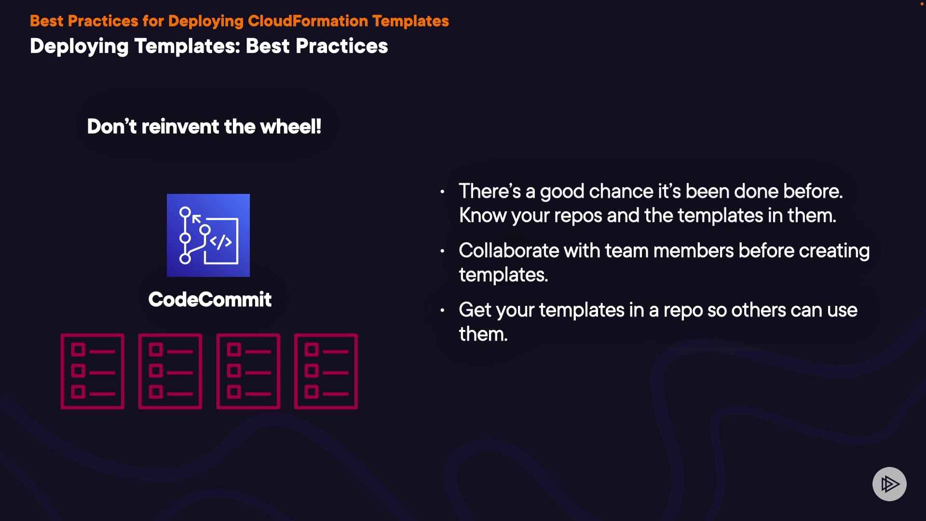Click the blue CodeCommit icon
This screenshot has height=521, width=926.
tap(208, 235)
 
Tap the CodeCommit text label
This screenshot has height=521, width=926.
tap(210, 300)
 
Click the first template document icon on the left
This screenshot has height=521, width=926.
tap(93, 371)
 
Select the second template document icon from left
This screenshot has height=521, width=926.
tap(170, 371)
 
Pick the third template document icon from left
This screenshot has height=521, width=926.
tap(248, 371)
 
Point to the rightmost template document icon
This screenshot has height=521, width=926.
tap(326, 371)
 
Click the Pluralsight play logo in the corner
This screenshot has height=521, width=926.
tap(889, 484)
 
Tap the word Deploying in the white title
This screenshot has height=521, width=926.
tap(79, 47)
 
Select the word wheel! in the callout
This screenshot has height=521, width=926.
tap(291, 127)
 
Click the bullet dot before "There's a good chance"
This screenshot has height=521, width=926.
tap(442, 192)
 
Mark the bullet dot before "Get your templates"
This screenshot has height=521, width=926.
tap(442, 311)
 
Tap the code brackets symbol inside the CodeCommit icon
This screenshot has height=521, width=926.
tap(221, 242)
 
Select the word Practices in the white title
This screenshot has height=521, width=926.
tap(341, 46)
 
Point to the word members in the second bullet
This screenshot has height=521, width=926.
tap(694, 251)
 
